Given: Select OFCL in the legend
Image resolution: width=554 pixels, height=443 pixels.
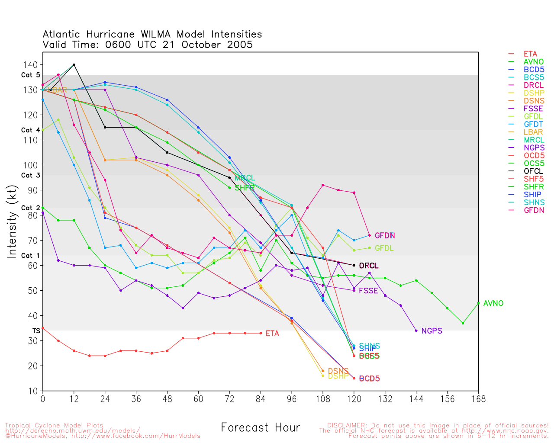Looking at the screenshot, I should [x=533, y=171].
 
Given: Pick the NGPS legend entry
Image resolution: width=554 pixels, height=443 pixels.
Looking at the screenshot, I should [x=534, y=148].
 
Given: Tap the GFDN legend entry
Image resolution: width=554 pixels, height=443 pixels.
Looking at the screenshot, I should [x=534, y=210].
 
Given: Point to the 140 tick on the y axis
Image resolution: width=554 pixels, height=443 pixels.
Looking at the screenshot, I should [x=30, y=65].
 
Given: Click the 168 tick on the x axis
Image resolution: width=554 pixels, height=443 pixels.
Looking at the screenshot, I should [x=478, y=399].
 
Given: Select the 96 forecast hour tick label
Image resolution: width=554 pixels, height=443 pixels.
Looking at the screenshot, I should [x=292, y=399].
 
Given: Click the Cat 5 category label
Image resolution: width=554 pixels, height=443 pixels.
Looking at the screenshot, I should [x=30, y=75].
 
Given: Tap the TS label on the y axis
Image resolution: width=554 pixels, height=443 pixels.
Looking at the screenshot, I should [x=36, y=331].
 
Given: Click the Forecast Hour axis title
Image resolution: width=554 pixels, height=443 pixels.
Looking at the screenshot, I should [x=260, y=428].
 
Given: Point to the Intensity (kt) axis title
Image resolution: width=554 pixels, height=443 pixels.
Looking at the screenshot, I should [x=13, y=221].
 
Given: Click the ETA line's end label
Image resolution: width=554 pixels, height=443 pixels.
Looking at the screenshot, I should [x=272, y=334].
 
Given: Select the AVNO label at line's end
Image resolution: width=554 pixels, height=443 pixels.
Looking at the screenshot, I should [x=493, y=304].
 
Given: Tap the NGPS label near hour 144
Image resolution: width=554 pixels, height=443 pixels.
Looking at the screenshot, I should [x=432, y=331].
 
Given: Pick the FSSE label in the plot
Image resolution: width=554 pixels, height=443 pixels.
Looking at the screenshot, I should [x=368, y=291].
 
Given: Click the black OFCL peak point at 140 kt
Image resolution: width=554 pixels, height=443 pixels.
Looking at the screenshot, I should [x=74, y=65].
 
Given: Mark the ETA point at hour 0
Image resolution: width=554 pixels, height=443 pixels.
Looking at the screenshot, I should [x=43, y=328].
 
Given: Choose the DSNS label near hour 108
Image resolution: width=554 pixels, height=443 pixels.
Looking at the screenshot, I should [x=338, y=371].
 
